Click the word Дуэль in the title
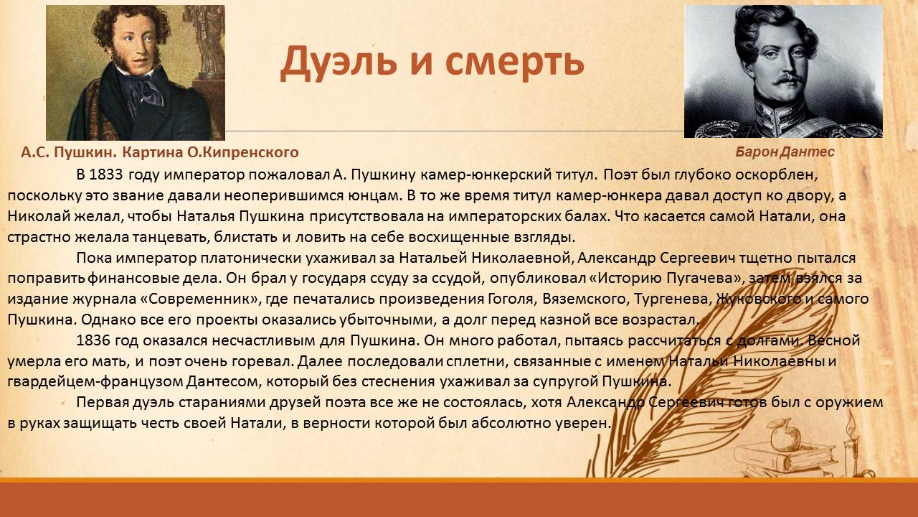coord(339,62)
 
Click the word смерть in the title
coord(514,62)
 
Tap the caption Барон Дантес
coord(785,152)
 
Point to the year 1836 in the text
coord(93,340)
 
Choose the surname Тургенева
coord(671,299)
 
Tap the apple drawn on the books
coord(785,436)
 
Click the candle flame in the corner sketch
coord(851,423)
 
